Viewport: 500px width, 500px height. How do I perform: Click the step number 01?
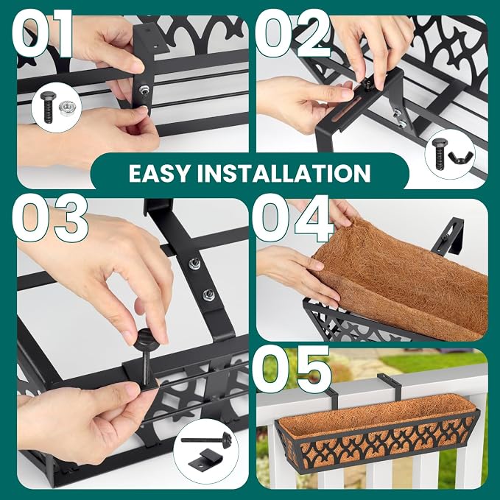pyautogui.click(x=43, y=35)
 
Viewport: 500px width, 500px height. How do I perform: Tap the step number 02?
pyautogui.click(x=293, y=34)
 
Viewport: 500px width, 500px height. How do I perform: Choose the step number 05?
pyautogui.click(x=292, y=369)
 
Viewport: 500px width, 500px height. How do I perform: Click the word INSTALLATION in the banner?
pyautogui.click(x=284, y=174)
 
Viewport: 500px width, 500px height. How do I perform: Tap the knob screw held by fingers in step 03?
pyautogui.click(x=146, y=353)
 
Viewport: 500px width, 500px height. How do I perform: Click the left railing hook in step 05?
pyautogui.click(x=331, y=402)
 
